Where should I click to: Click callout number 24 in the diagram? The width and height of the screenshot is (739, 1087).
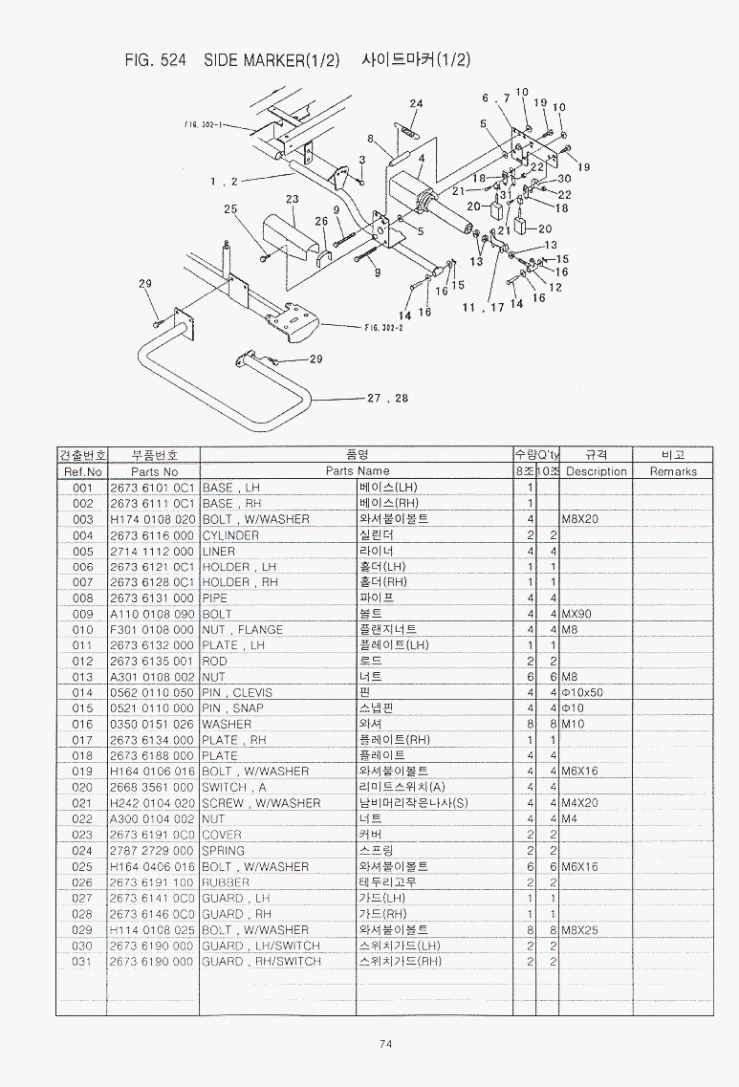[416, 104]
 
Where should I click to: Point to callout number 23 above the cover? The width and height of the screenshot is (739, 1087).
[292, 200]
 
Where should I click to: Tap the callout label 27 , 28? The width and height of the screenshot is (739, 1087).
[387, 399]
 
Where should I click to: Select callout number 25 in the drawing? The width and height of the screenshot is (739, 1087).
[230, 209]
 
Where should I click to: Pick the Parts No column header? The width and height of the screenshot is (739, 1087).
[154, 471]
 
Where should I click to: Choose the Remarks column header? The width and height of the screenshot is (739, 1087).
[673, 471]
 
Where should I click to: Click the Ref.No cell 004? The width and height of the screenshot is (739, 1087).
[82, 535]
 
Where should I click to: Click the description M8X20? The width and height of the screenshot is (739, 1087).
[580, 519]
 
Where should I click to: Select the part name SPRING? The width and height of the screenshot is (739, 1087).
[224, 850]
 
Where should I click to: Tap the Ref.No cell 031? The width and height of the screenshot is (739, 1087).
[82, 961]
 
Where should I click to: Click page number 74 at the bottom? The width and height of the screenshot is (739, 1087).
[386, 1044]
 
